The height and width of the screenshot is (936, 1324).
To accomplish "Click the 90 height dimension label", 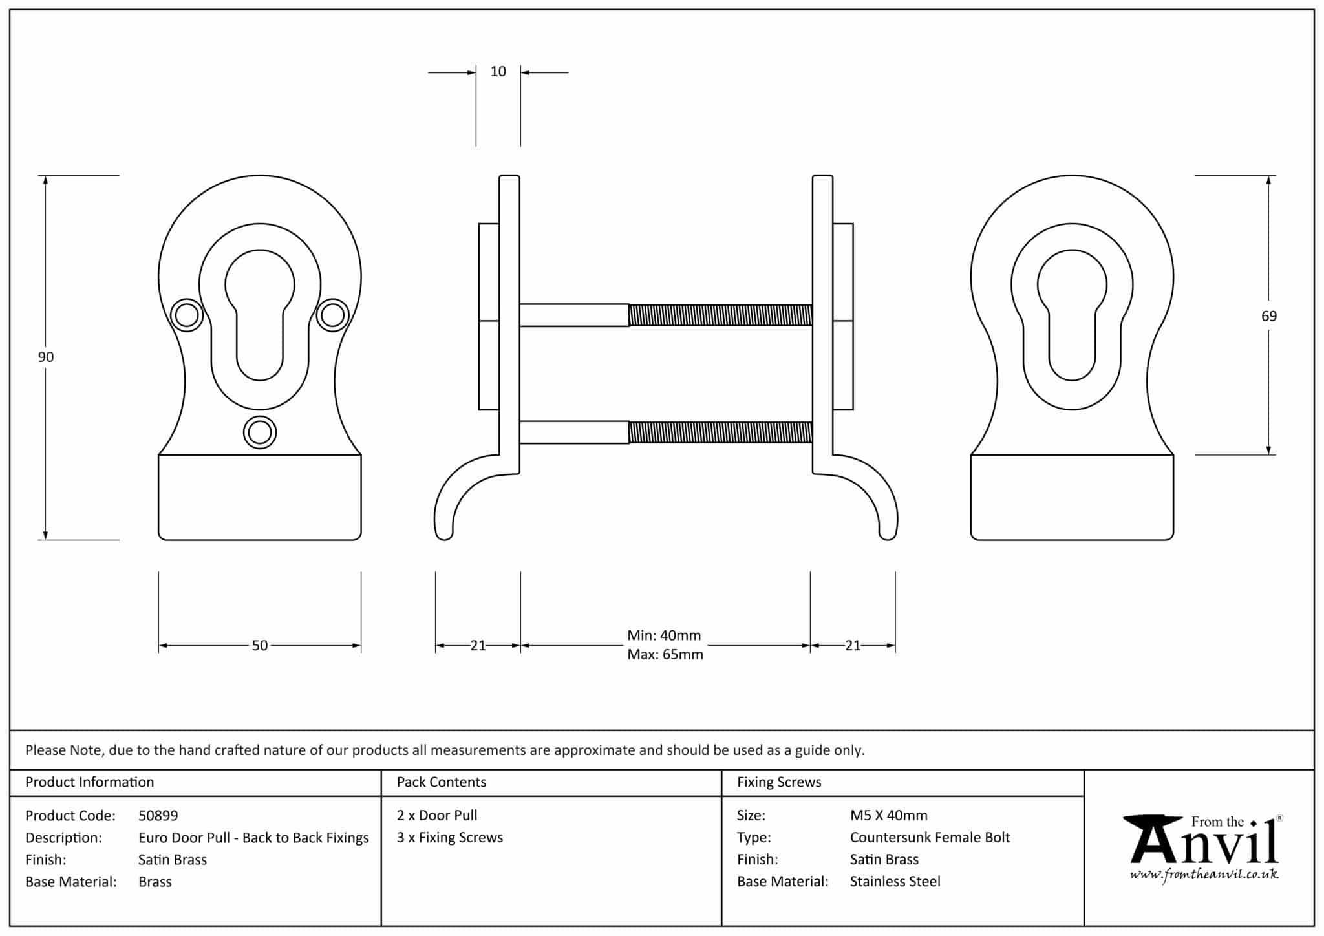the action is [x=45, y=357].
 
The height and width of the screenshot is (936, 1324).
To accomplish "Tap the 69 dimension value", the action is [x=1268, y=316].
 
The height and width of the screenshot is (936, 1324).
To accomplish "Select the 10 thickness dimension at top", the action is [x=498, y=72].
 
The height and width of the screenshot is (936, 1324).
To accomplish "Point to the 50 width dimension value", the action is [x=259, y=645].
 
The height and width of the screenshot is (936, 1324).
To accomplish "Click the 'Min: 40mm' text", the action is [x=664, y=635].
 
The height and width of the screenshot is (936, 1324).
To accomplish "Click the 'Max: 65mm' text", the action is [x=665, y=654].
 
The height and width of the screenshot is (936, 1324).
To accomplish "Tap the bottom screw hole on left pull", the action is [x=260, y=432].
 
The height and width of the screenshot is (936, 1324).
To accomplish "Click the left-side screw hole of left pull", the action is [x=187, y=315].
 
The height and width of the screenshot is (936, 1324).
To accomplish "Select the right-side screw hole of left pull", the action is [x=332, y=315].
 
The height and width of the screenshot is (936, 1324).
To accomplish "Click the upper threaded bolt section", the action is [x=720, y=315].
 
